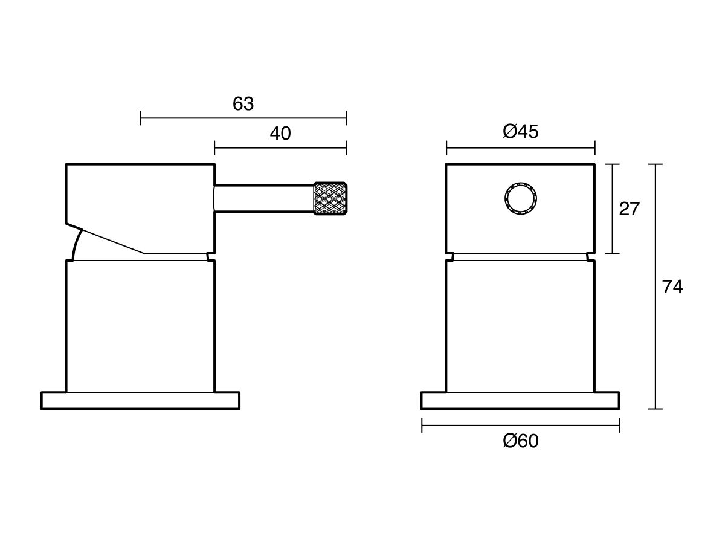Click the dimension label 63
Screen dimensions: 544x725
click(x=243, y=104)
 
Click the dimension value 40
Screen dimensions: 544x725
click(x=280, y=134)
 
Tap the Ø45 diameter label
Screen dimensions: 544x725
click(x=520, y=131)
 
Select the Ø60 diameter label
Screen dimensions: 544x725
click(x=520, y=441)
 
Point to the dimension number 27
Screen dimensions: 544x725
click(x=629, y=209)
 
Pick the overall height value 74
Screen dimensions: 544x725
click(x=672, y=287)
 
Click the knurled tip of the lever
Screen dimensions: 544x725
click(x=329, y=198)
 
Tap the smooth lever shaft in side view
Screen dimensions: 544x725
click(x=263, y=198)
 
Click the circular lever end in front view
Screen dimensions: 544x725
click(x=520, y=198)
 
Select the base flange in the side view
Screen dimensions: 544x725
click(x=140, y=401)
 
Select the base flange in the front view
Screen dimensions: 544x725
click(x=520, y=401)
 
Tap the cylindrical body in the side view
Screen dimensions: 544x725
click(x=140, y=326)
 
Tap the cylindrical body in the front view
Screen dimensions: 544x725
click(x=520, y=326)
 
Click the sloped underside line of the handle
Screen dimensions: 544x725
click(x=112, y=241)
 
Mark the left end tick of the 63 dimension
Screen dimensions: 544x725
click(x=141, y=118)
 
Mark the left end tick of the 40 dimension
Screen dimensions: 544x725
click(x=215, y=147)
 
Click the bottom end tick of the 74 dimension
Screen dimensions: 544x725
click(x=656, y=409)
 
